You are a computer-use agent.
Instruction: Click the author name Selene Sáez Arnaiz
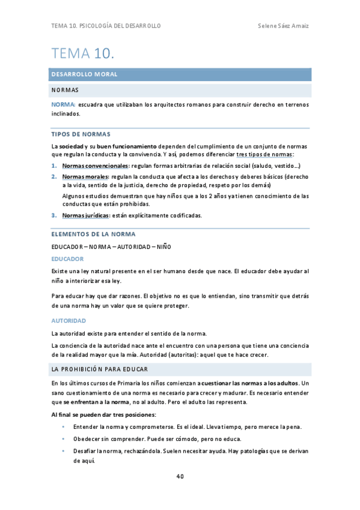(x=282, y=26)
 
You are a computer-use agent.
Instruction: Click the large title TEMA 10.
(x=82, y=54)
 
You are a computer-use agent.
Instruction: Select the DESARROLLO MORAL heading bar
(x=180, y=75)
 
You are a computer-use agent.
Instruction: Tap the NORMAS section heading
(x=65, y=90)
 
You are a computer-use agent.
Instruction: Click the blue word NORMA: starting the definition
(x=63, y=105)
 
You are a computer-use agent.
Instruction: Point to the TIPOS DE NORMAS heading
(x=81, y=134)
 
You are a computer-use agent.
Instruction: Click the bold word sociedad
(x=72, y=147)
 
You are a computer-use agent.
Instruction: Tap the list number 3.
(x=53, y=215)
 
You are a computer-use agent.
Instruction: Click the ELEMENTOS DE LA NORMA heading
(x=93, y=234)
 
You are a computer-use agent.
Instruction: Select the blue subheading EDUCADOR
(x=67, y=259)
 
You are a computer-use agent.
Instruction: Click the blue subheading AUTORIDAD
(x=69, y=321)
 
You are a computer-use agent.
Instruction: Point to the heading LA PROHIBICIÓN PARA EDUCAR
(x=100, y=368)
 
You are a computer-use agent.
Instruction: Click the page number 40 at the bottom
(x=180, y=476)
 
